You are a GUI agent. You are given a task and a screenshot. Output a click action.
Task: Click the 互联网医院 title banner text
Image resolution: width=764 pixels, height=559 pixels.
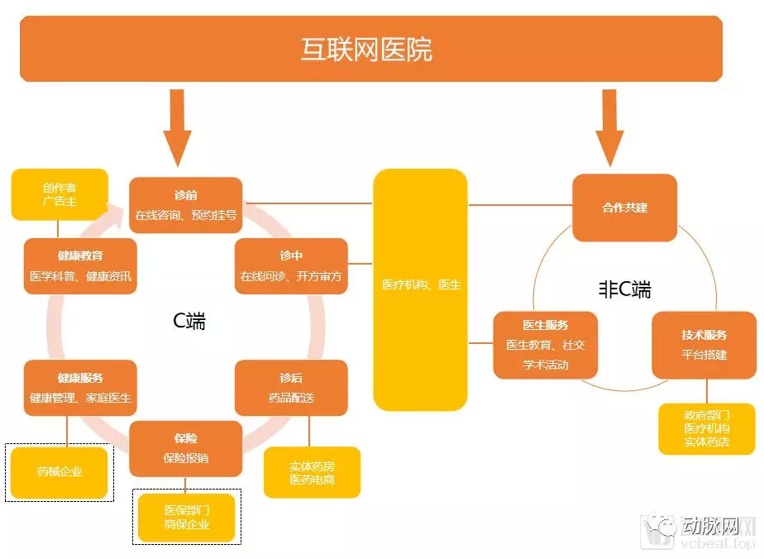click(366, 50)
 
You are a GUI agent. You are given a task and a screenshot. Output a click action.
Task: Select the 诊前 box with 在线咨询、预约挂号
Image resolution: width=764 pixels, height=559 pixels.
click(185, 205)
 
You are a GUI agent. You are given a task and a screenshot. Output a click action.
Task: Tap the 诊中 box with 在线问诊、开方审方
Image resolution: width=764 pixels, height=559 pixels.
click(290, 266)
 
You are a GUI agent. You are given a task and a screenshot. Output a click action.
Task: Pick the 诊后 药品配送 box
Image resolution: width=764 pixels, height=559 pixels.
click(290, 388)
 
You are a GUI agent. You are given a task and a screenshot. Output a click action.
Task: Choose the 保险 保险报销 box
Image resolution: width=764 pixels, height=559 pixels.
click(185, 448)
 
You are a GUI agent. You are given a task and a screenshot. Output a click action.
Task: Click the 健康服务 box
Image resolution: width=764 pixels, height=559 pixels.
click(80, 388)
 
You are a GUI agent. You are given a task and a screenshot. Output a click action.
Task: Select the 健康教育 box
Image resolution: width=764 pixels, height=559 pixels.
click(80, 266)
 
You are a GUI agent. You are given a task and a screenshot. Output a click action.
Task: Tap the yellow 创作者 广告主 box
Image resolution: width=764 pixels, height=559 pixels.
click(60, 194)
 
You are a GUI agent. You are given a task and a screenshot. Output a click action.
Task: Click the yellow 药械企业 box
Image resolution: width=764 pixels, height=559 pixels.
click(60, 472)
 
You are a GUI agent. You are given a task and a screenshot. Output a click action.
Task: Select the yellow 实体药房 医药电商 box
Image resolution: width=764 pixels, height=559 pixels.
click(312, 472)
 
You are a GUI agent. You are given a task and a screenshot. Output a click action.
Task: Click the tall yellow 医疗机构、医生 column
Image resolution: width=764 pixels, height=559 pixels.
click(421, 289)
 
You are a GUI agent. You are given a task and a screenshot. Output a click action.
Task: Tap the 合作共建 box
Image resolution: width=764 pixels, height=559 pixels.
click(624, 208)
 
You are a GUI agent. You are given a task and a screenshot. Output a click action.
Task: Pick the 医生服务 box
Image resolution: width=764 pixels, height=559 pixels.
click(545, 345)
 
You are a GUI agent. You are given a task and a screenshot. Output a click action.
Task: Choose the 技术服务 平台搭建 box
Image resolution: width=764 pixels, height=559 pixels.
click(704, 345)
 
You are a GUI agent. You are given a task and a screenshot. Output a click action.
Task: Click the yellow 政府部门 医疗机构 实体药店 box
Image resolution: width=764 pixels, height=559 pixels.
click(706, 428)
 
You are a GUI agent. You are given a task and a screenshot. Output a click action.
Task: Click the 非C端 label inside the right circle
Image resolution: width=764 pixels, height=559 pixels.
click(624, 289)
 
